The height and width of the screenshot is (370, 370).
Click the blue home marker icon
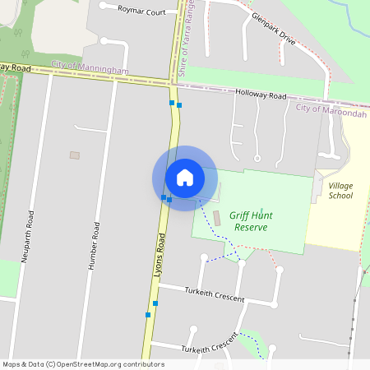tap(185, 178)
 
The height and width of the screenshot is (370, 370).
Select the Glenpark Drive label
tap(273, 29)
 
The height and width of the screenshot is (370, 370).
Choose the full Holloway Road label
tap(260, 95)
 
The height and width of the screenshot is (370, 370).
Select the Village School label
tap(340, 191)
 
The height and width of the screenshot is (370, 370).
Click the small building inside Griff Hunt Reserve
tap(217, 219)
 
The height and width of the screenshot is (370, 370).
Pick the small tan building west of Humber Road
tap(75, 155)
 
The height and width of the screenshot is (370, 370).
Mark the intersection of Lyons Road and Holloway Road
tap(174, 83)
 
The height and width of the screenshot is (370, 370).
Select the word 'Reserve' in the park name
tap(251, 227)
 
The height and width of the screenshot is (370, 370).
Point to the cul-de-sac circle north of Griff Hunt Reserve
tap(257, 158)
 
